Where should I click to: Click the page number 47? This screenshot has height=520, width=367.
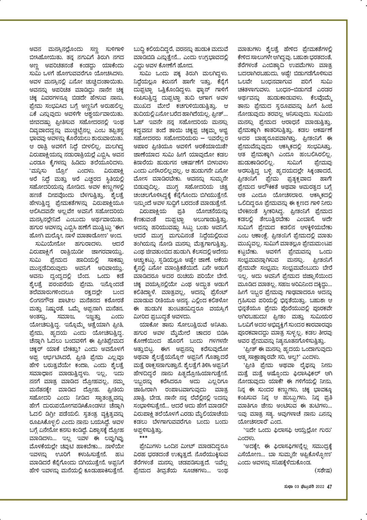pyautogui.click(x=329, y=487)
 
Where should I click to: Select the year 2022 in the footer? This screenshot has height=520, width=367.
pyautogui.click(x=319, y=487)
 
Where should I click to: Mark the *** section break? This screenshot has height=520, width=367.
pyautogui.click(x=144, y=437)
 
